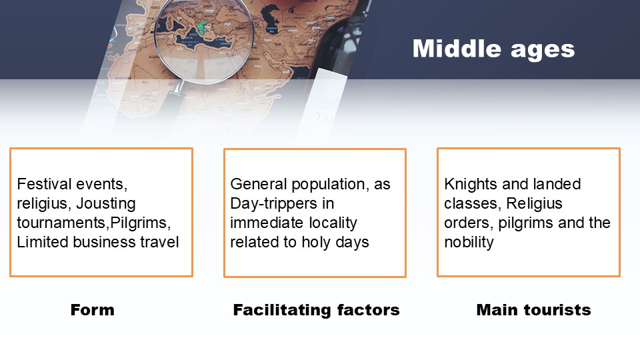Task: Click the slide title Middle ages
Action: click(493, 49)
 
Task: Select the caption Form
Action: click(92, 310)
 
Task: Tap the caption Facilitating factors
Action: click(316, 310)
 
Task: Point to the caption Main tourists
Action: click(533, 310)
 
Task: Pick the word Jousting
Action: click(106, 204)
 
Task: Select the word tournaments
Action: click(61, 223)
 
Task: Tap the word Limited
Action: click(43, 242)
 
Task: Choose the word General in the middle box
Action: click(259, 184)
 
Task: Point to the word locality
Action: click(333, 223)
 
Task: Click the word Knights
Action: click(471, 185)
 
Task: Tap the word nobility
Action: click(469, 243)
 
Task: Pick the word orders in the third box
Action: click(469, 223)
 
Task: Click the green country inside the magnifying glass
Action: click(201, 28)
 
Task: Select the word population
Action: click(328, 185)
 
